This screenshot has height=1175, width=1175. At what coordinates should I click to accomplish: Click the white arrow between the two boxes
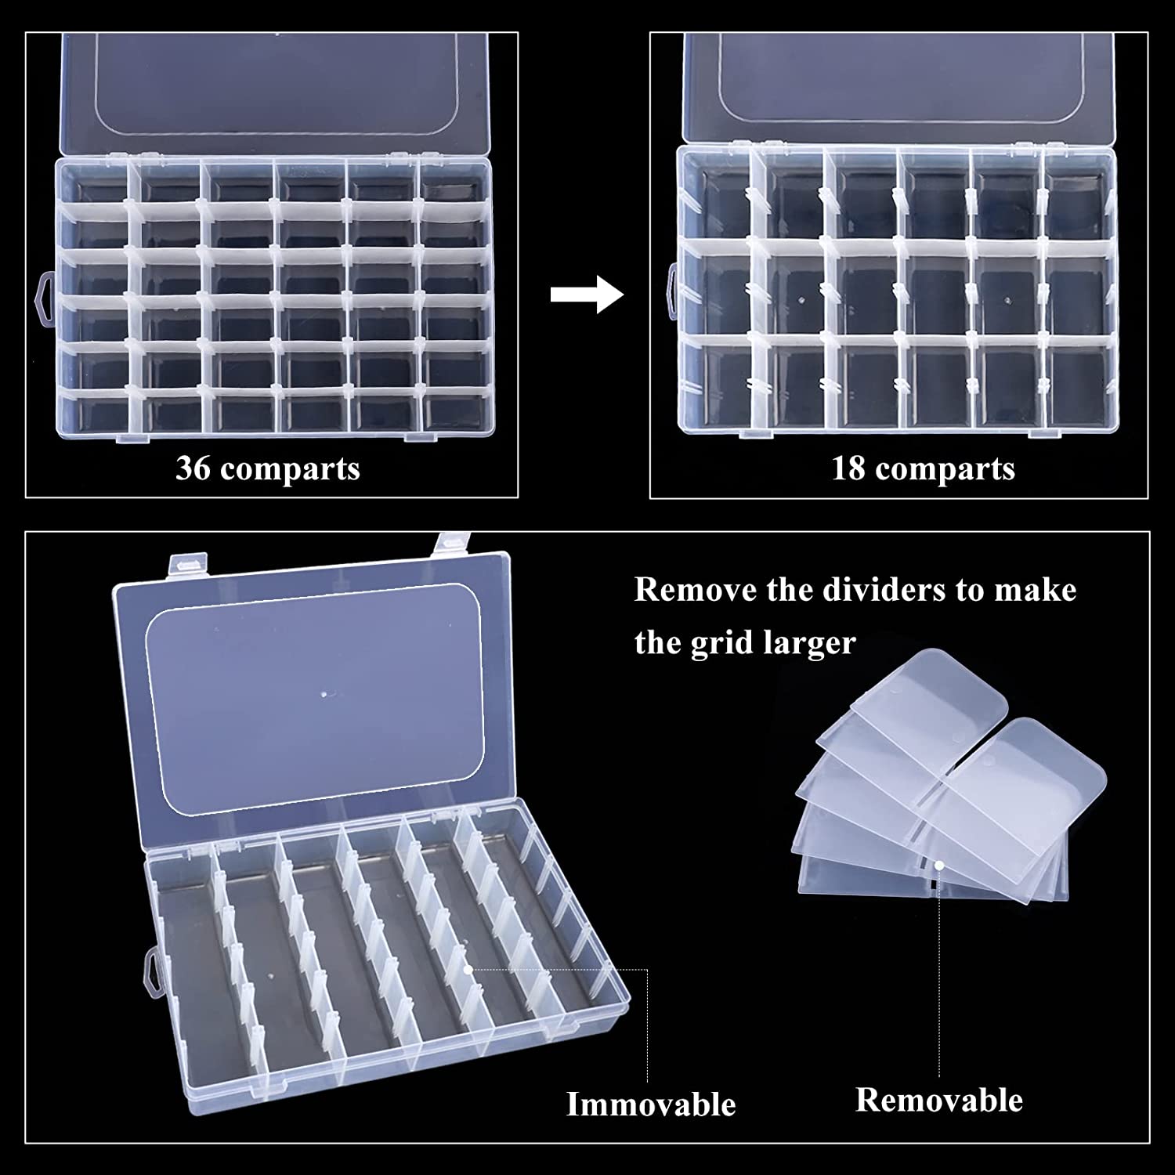click(587, 295)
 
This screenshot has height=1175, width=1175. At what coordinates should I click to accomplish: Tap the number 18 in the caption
click(847, 468)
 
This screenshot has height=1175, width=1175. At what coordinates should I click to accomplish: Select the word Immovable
click(651, 1104)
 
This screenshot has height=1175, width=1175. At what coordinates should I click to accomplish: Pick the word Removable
click(939, 1100)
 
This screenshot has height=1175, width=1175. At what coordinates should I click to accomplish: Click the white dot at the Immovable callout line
click(468, 969)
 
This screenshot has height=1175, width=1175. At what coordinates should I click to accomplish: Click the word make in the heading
click(1036, 590)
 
